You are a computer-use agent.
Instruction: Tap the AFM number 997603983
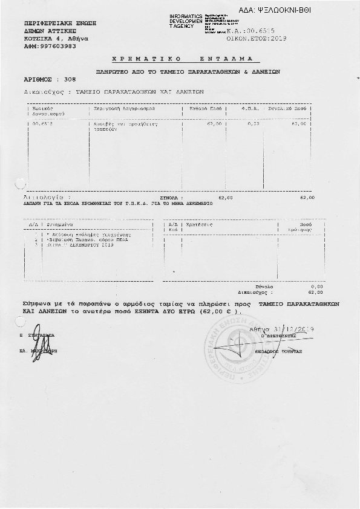pos(56,45)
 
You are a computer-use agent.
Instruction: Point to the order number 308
pos(70,79)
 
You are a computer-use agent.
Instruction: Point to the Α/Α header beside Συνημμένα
pos(33,224)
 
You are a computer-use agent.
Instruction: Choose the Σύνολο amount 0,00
pos(316,287)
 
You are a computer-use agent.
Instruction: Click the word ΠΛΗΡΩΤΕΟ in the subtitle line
pos(112,71)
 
